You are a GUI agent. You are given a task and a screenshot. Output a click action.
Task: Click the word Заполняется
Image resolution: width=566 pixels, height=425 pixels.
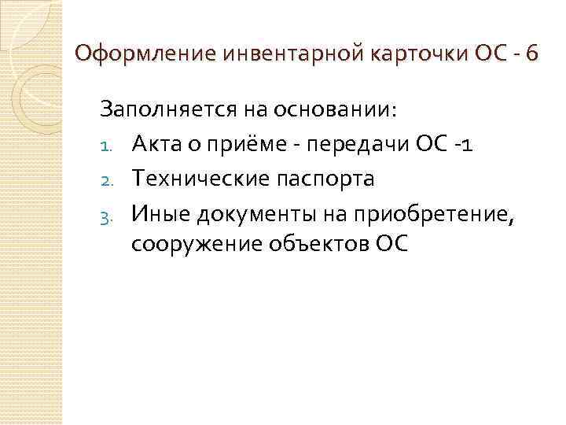(164, 110)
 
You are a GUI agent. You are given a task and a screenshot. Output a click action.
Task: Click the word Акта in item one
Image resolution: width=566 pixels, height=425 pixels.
(160, 145)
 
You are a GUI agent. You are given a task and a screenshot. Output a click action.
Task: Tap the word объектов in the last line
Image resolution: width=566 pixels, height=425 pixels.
(309, 246)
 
